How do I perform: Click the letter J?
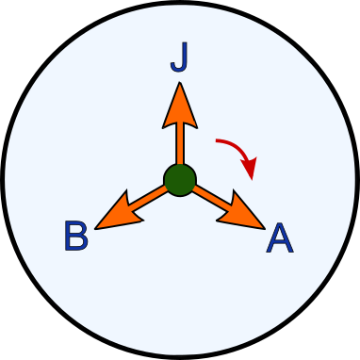click(x=179, y=58)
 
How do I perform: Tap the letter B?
click(x=76, y=237)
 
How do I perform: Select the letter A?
click(x=280, y=239)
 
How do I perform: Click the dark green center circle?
click(x=179, y=179)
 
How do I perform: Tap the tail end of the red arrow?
click(x=218, y=142)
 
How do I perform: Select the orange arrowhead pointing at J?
click(x=179, y=106)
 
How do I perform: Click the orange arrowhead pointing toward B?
click(x=117, y=212)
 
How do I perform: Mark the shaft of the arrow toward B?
click(x=146, y=196)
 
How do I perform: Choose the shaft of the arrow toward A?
click(x=211, y=196)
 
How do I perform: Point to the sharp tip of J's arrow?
click(x=179, y=83)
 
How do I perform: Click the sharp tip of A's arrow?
click(x=264, y=227)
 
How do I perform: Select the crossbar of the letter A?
click(x=280, y=244)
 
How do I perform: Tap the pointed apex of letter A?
click(x=280, y=224)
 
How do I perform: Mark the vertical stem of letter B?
click(x=68, y=237)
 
